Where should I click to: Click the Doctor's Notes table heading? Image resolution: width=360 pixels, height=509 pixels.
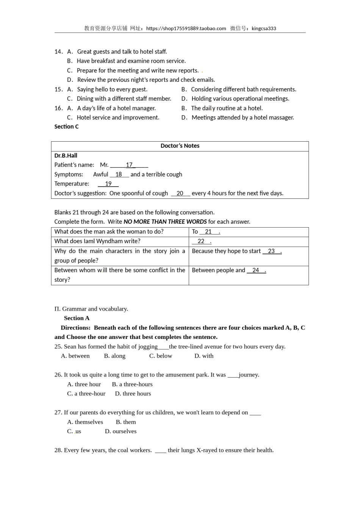pos(180,146)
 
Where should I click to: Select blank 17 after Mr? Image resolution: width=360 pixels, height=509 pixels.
pos(129,165)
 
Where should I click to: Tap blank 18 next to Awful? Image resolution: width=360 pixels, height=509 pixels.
pos(119,175)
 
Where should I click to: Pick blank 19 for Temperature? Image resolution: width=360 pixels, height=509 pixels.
pos(108,184)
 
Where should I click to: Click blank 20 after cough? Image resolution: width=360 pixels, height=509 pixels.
pos(180,194)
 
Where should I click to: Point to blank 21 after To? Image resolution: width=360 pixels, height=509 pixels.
pos(209,232)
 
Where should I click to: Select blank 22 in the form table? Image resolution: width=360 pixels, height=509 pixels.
pos(201,241)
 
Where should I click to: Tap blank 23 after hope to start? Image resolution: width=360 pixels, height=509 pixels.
pos(271,251)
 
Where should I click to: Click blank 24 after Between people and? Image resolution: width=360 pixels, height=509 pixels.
pos(256,270)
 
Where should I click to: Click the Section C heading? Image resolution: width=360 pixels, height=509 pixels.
pos(66,127)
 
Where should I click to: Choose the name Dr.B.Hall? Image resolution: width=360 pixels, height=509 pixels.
pos(66,156)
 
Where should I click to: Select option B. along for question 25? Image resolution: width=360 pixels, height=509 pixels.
pos(114,356)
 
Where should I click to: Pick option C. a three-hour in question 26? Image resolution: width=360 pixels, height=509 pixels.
pos(86,394)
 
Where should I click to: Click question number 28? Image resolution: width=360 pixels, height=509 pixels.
pos(58,450)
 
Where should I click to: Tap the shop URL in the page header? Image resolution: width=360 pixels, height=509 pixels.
pos(186,28)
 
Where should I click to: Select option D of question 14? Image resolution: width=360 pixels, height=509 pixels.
pos(141,80)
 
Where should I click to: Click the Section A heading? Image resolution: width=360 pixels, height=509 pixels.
pos(77,319)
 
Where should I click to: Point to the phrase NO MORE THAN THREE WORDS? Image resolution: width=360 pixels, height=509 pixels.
pos(165,222)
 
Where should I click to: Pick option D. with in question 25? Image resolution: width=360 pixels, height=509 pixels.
pos(204,356)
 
